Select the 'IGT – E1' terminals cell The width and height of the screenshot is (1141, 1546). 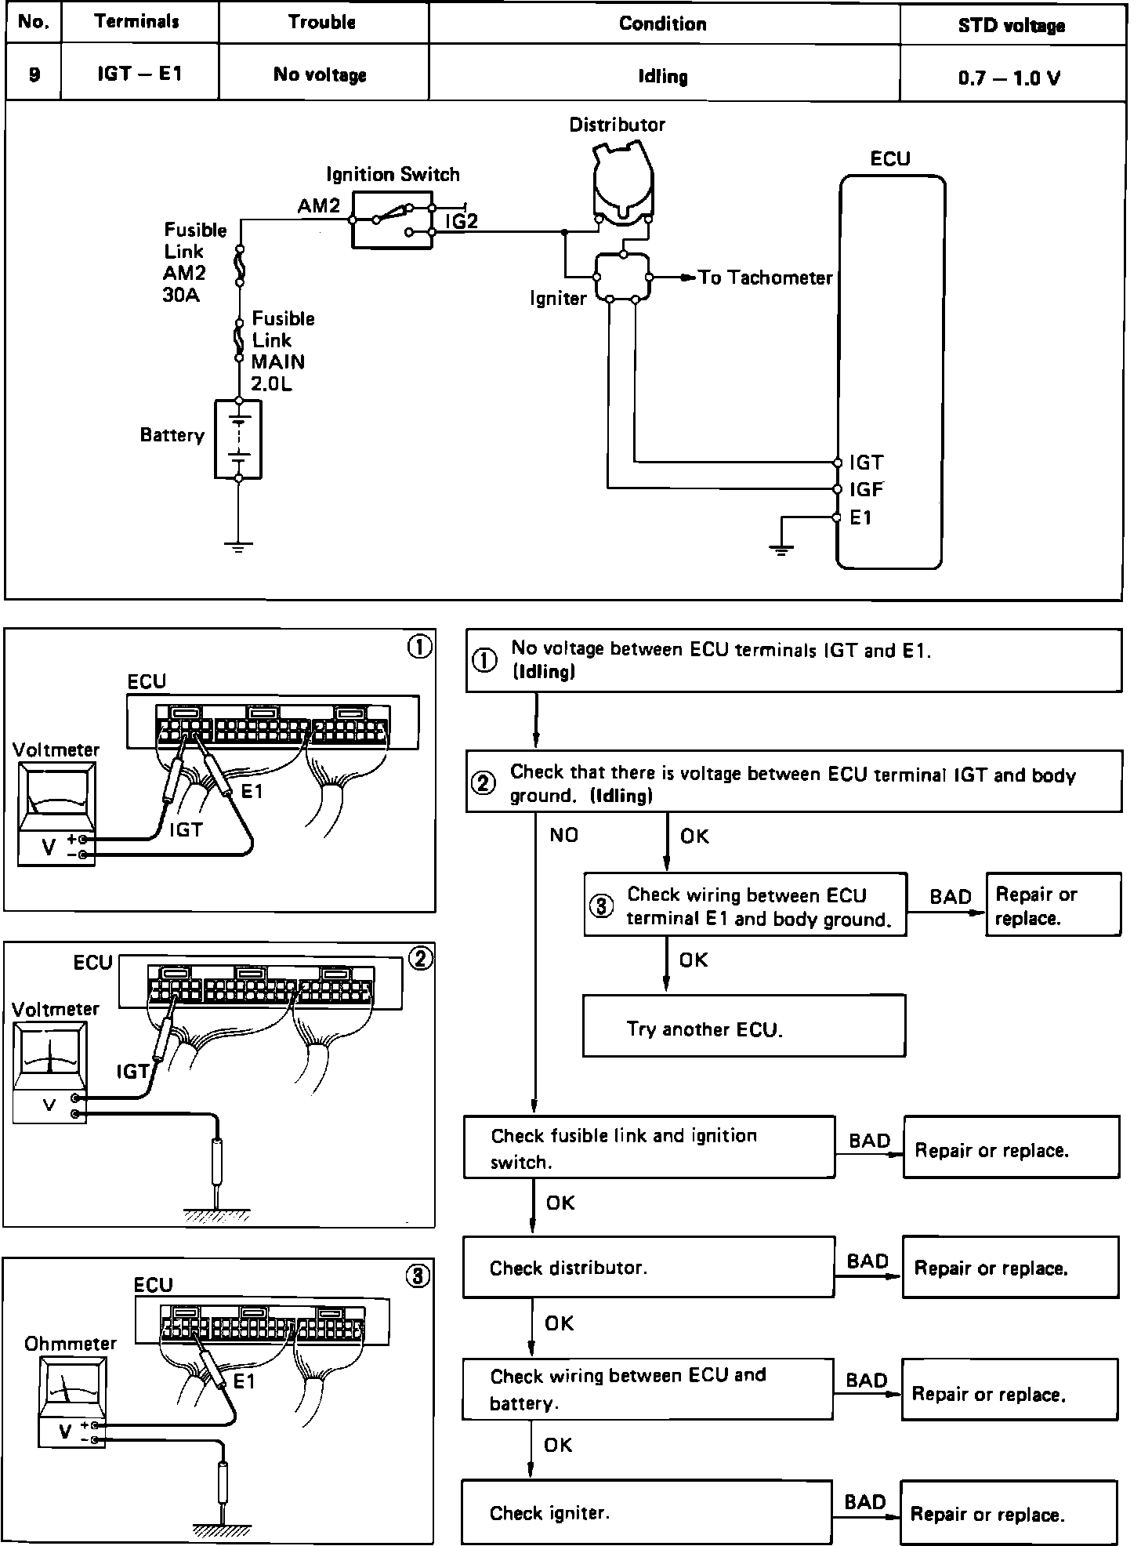tap(139, 74)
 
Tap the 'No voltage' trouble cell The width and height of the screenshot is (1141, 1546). tap(321, 75)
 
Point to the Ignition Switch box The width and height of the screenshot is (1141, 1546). tap(392, 220)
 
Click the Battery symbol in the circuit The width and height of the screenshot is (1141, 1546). tap(238, 439)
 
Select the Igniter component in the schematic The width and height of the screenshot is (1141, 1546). tap(623, 277)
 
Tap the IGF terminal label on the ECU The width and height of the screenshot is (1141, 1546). tap(867, 490)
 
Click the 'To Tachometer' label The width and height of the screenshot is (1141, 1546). tap(765, 278)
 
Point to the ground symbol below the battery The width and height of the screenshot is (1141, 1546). tap(238, 546)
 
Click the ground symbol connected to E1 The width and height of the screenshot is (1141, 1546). tap(781, 550)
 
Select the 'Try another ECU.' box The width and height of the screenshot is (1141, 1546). tap(744, 1026)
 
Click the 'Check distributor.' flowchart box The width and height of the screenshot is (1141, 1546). tap(648, 1268)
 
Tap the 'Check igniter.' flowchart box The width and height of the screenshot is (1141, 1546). tap(646, 1512)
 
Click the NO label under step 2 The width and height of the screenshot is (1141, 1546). tap(563, 836)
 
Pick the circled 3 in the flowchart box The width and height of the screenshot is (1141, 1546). tap(601, 906)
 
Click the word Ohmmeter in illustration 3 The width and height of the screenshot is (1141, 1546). tap(71, 1344)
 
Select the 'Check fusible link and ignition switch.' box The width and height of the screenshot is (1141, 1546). tap(649, 1148)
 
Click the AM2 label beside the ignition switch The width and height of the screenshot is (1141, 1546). tap(319, 206)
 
